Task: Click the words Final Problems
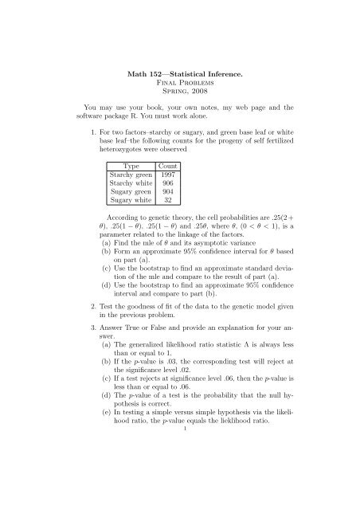click(180, 65)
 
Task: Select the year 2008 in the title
click(202, 76)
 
